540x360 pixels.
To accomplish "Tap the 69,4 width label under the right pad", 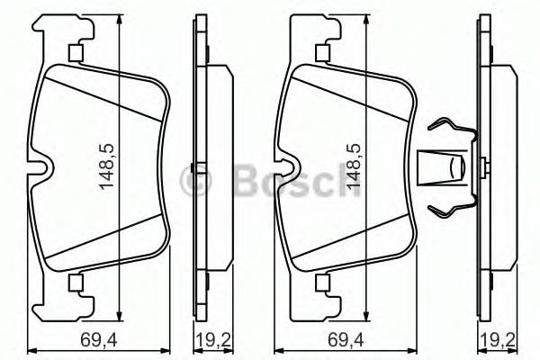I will tap(334, 340).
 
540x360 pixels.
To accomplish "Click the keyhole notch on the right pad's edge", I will tap(287, 167).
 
